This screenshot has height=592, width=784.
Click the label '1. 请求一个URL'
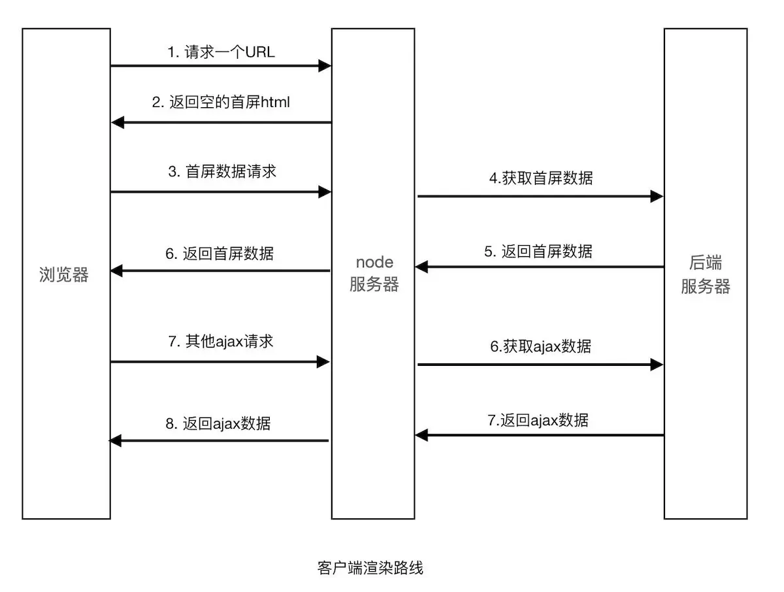221,52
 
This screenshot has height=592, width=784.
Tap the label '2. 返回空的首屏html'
221,102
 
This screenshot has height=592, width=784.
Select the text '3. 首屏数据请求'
221,171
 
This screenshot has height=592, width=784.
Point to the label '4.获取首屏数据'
541,178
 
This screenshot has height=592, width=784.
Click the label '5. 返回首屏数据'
538,252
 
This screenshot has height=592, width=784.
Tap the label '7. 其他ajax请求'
220,341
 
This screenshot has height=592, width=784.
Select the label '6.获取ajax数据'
540,346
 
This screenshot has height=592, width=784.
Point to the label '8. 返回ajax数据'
218,423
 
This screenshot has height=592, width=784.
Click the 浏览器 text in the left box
64,275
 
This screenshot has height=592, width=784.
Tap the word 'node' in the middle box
374,262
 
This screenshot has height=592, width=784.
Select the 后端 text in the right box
706,263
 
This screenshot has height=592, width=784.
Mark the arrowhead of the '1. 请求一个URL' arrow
325,65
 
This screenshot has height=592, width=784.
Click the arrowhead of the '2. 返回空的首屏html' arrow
118,122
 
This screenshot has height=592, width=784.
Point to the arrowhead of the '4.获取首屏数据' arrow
657,196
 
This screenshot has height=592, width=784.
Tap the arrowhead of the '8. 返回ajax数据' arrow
116,441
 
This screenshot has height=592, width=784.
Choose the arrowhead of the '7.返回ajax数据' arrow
421,435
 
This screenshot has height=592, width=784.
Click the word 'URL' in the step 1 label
260,52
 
